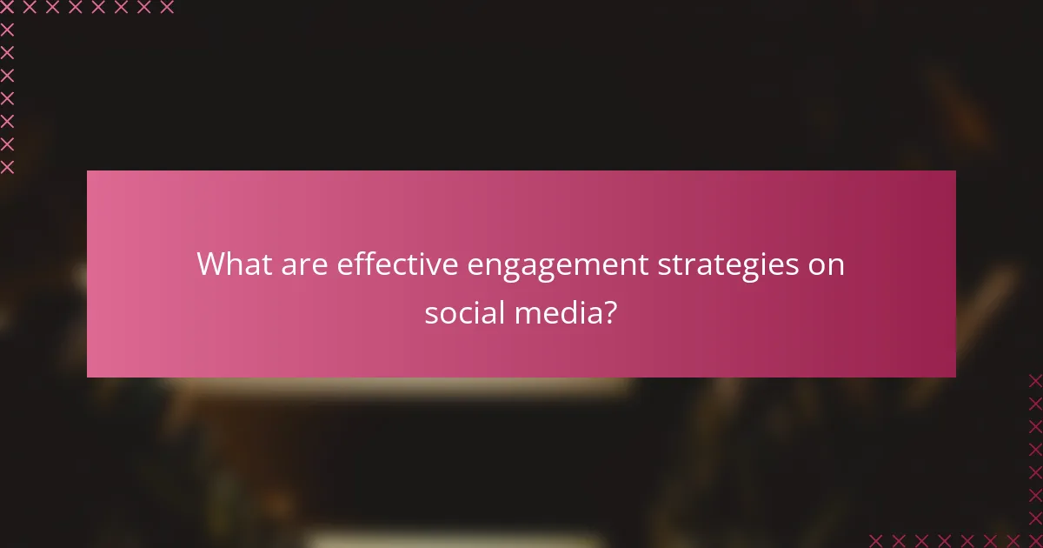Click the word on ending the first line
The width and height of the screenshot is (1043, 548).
tap(827, 265)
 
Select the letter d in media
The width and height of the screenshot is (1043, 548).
tap(570, 311)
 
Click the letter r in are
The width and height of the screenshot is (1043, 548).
tap(303, 265)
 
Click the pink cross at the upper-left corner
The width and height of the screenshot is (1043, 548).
tap(7, 8)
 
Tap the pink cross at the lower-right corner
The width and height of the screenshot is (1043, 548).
tap(1034, 539)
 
